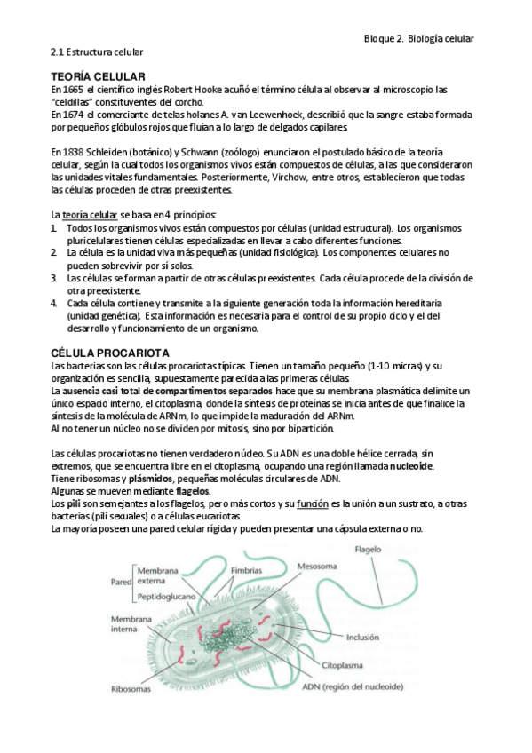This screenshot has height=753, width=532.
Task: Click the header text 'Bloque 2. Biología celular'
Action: click(x=419, y=38)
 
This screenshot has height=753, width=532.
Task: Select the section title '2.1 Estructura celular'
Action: click(x=97, y=52)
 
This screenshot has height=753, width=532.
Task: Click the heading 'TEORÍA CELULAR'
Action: click(x=99, y=78)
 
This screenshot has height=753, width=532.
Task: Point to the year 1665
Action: click(x=73, y=90)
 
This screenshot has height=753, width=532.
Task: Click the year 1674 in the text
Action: click(x=73, y=115)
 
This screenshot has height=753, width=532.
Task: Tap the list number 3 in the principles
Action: click(x=54, y=278)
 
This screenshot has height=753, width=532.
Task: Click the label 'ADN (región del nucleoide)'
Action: click(x=353, y=686)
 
